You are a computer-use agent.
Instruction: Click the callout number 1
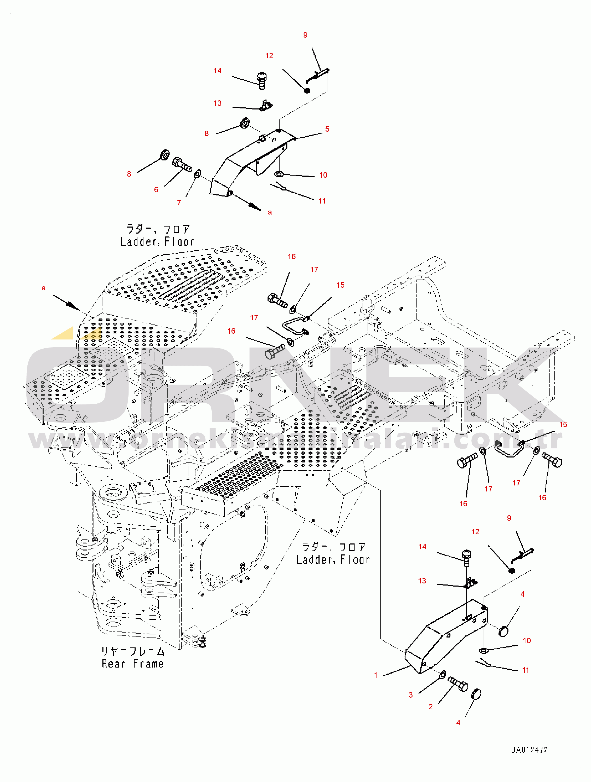coord(376,675)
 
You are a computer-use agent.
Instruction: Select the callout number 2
coord(431,707)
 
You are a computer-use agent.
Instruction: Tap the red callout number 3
coord(410,695)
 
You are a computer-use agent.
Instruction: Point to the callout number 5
coord(327,129)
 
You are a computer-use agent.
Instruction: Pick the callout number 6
coord(156,190)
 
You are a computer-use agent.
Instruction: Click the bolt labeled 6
coord(182,165)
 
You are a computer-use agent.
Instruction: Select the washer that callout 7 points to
coord(198,174)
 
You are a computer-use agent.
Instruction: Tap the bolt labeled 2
coord(458,684)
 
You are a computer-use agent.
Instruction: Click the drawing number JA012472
coord(529,750)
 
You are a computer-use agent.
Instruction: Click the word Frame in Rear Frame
coord(148,664)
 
